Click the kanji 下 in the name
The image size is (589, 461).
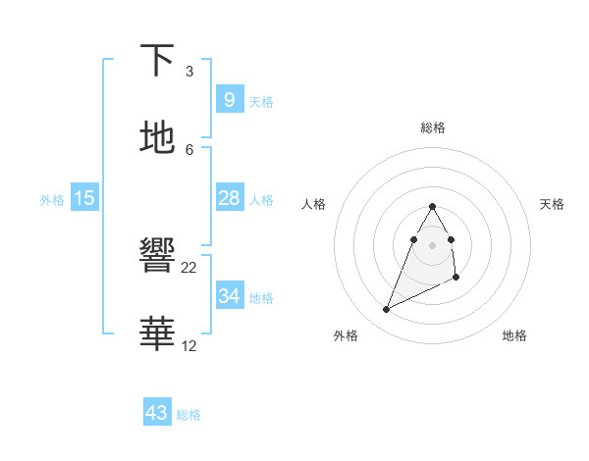click(157, 61)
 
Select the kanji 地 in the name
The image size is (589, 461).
click(157, 139)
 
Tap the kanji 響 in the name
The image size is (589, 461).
click(157, 258)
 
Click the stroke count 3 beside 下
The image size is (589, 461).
click(189, 71)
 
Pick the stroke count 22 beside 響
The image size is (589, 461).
click(189, 267)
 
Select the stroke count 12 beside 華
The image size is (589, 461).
click(189, 345)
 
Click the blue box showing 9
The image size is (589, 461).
click(229, 99)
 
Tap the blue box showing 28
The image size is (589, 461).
click(229, 198)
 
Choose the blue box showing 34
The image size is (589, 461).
click(229, 296)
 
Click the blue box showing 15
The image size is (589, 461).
click(84, 198)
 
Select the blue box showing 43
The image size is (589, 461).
click(157, 413)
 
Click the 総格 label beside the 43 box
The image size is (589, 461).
click(189, 415)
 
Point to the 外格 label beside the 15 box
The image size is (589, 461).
click(52, 200)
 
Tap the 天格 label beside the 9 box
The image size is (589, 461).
click(261, 102)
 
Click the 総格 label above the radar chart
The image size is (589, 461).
click(433, 128)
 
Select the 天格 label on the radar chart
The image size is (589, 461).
click(552, 204)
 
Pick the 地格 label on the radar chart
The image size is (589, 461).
click(514, 335)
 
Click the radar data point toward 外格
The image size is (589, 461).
click(386, 310)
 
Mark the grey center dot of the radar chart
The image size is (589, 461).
click(433, 244)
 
